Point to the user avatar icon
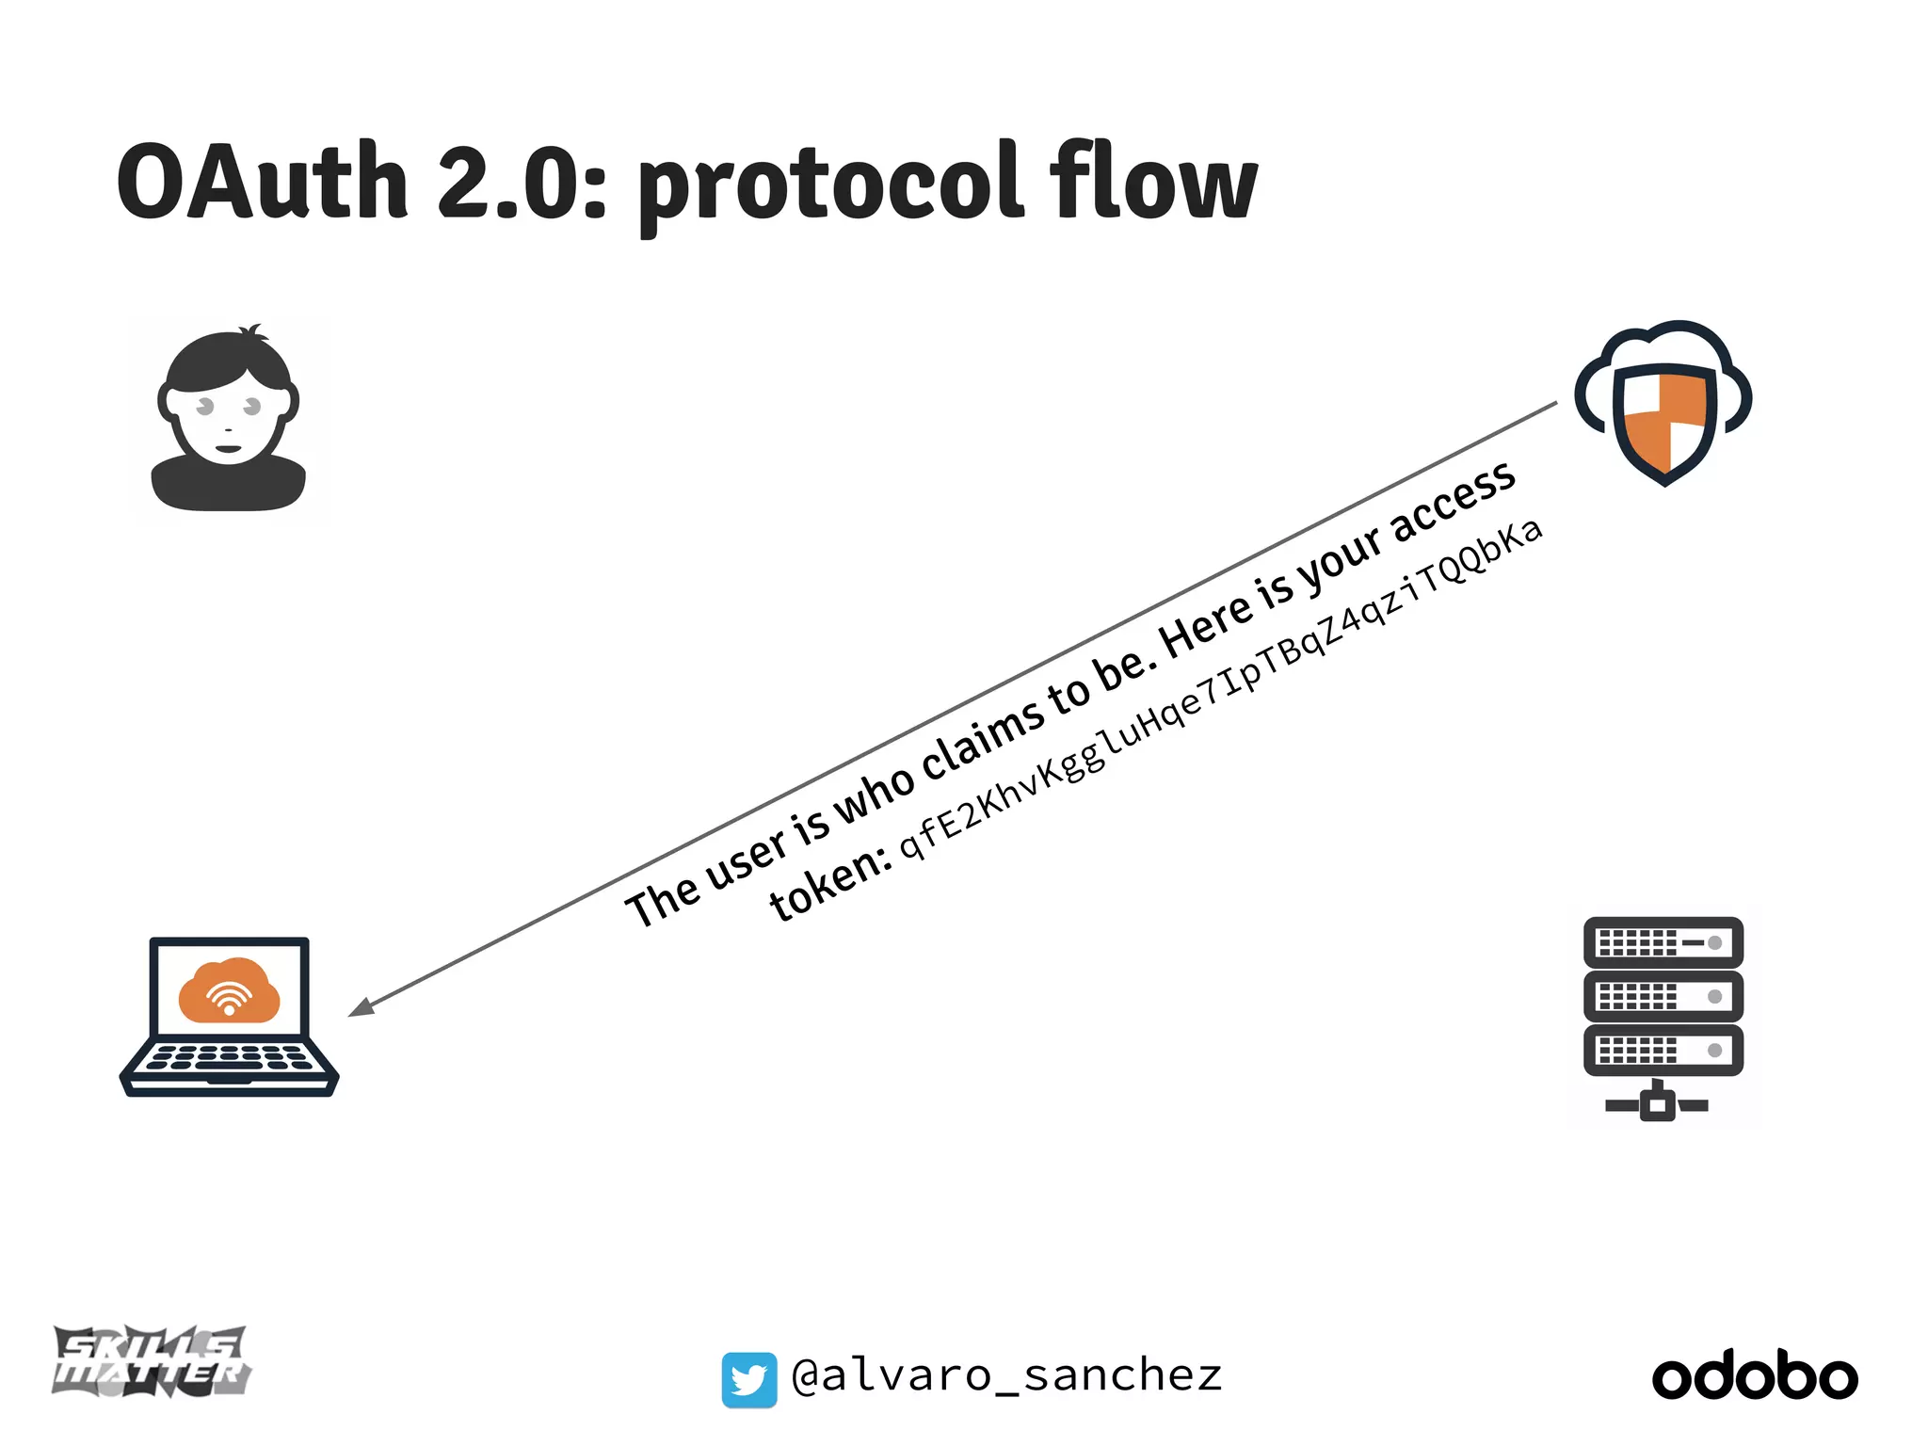(x=229, y=420)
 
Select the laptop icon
(x=229, y=1017)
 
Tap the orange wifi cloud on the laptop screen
(x=229, y=990)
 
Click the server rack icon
(x=1663, y=1017)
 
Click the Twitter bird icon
(x=749, y=1380)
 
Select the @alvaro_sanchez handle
(x=1006, y=1376)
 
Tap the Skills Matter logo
(x=152, y=1361)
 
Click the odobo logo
(x=1755, y=1376)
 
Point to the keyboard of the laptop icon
(x=229, y=1058)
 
